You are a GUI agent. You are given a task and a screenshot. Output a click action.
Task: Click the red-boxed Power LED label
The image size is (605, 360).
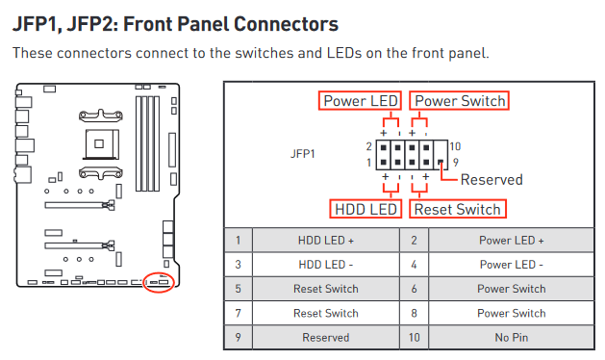[x=360, y=101]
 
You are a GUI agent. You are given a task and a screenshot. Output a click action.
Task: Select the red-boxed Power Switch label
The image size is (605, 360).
[x=459, y=101]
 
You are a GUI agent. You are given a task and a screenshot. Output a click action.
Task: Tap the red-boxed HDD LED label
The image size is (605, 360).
[x=366, y=209]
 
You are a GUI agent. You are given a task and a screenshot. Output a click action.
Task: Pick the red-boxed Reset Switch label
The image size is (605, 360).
[x=458, y=209]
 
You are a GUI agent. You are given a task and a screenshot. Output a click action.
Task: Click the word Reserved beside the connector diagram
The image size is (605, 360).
[x=492, y=180]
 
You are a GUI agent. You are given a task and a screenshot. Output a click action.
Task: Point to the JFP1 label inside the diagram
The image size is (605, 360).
[x=303, y=154]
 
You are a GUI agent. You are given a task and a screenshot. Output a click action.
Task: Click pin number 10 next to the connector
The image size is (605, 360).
[x=455, y=146]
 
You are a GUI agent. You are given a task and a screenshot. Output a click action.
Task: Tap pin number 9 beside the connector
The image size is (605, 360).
[x=456, y=163]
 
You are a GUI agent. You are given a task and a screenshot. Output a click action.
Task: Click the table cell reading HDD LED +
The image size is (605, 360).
[x=326, y=241]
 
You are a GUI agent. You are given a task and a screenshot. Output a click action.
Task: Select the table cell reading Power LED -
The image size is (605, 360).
[x=512, y=265]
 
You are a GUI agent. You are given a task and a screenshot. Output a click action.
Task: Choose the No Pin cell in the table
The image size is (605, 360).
[x=512, y=337]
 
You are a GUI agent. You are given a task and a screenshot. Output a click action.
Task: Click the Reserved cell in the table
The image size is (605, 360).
[x=326, y=337]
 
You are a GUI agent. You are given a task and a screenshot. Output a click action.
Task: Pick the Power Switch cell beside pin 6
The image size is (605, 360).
[x=512, y=289]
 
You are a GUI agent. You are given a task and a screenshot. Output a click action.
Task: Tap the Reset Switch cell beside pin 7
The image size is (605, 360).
[x=326, y=313]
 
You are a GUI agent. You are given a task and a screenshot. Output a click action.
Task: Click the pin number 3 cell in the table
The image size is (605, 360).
[x=239, y=265]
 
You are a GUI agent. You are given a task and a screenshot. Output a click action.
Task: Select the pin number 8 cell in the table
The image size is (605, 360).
[x=414, y=313]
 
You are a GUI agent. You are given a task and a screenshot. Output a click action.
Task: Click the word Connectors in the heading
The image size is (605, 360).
[x=286, y=24]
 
